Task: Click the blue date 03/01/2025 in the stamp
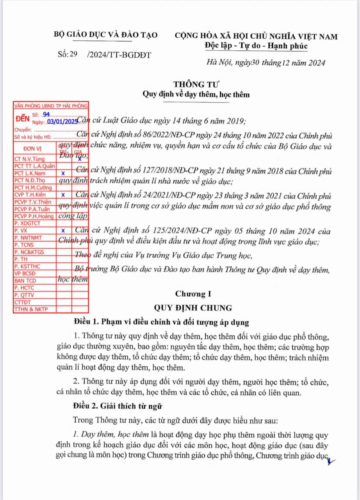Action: point(63,122)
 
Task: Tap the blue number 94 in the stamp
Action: point(47,114)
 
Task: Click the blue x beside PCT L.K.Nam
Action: point(63,173)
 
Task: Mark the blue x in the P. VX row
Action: point(63,230)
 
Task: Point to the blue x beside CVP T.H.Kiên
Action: point(63,194)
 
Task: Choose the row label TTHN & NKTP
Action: point(29,309)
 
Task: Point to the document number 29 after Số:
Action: point(74,55)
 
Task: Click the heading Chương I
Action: point(193,294)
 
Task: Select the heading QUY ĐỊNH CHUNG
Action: point(193,308)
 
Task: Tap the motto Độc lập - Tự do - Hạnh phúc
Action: point(256,46)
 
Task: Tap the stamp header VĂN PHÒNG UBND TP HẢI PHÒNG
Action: point(51,105)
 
